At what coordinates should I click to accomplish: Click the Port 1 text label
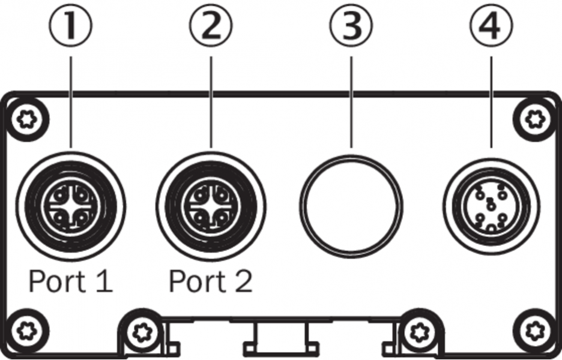(x=71, y=281)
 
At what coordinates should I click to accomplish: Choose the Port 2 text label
(x=211, y=281)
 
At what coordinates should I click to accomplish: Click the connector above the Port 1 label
(x=71, y=205)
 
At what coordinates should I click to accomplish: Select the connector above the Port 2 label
(x=211, y=205)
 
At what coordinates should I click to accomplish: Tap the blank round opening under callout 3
(x=352, y=205)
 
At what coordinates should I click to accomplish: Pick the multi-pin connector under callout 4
(x=491, y=205)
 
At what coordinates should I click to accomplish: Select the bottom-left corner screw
(x=26, y=329)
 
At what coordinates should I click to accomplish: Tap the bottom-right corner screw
(x=533, y=329)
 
